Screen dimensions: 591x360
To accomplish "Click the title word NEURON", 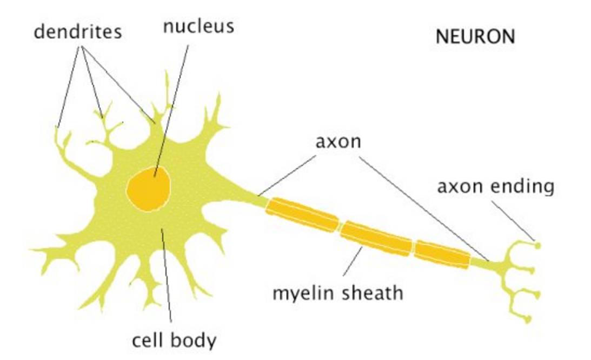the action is point(475,37).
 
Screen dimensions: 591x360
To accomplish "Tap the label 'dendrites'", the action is point(78,31).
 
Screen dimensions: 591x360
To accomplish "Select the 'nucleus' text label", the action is point(198,26).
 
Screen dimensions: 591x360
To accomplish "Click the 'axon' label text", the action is point(338,142).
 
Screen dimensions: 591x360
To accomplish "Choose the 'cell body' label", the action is point(174,341).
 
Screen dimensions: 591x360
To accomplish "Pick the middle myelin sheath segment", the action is point(376,236).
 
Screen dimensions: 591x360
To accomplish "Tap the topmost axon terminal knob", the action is point(537,245).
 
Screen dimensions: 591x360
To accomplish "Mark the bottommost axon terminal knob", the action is point(528,319).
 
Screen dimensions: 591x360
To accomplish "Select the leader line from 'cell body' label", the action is point(167,281).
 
